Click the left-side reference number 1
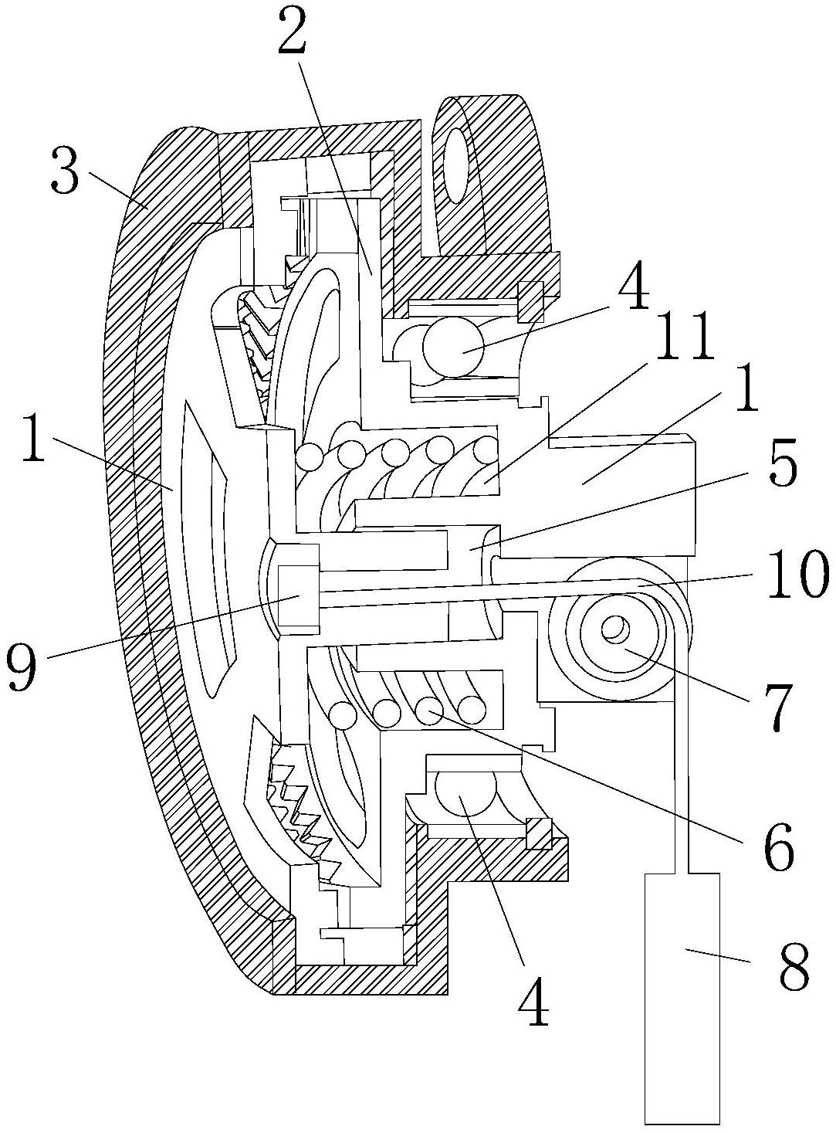(x=36, y=437)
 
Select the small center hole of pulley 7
(x=613, y=630)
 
